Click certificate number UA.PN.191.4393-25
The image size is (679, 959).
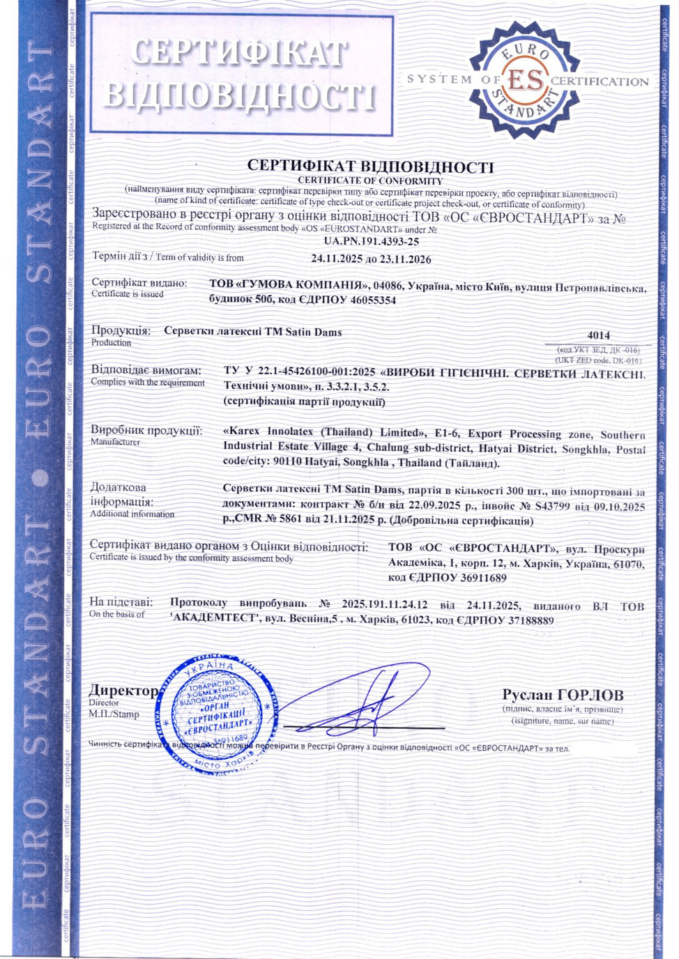372,242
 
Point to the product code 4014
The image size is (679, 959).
598,335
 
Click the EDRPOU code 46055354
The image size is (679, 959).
367,300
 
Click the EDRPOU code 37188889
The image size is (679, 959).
521,620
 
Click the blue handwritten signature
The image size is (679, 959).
363,700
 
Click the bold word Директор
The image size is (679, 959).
123,691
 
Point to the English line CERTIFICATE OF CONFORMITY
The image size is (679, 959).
370,181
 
